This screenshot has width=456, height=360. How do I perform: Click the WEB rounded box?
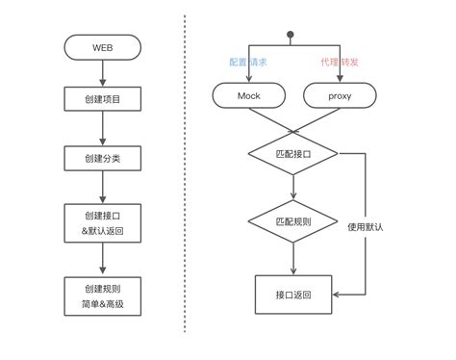(103, 46)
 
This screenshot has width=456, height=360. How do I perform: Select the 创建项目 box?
(103, 98)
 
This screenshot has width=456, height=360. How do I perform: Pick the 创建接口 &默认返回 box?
(103, 223)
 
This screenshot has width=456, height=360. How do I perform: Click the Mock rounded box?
(249, 95)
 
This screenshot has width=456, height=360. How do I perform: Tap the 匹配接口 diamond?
(292, 153)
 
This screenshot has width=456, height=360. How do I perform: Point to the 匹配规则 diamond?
(292, 221)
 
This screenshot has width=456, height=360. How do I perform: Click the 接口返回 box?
(292, 294)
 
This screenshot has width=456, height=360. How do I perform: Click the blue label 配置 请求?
(248, 62)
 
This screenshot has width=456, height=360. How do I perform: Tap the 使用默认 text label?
(366, 227)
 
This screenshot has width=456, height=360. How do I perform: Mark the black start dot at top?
(290, 36)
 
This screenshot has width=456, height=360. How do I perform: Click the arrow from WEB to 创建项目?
(103, 71)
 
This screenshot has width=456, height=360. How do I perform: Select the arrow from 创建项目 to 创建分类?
(103, 127)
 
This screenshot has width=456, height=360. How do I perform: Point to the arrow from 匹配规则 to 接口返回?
(292, 257)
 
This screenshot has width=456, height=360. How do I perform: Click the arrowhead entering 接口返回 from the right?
(337, 294)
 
